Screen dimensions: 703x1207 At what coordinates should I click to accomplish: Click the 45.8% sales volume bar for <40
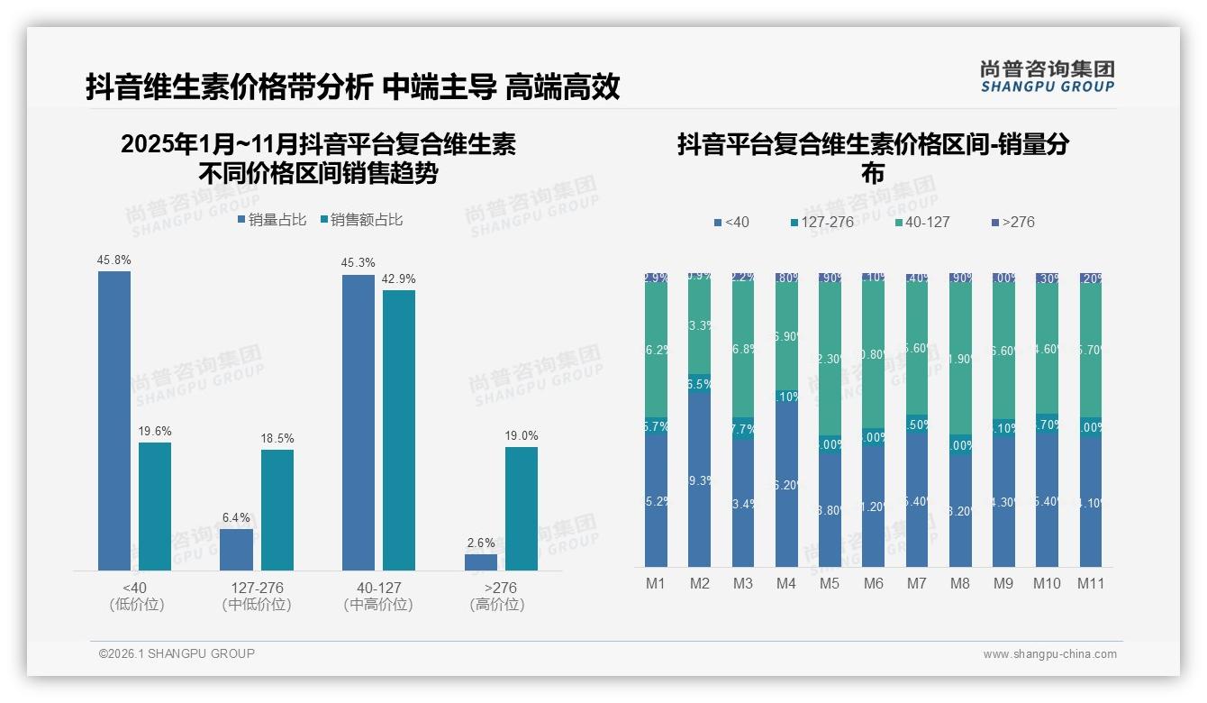[x=114, y=420]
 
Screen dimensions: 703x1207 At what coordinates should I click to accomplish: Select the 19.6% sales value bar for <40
[x=155, y=506]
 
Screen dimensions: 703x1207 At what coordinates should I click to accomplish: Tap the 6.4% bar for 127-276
[x=236, y=549]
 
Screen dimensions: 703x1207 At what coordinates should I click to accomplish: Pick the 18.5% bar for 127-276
[x=277, y=509]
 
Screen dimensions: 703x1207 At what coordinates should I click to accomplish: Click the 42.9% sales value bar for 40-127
[x=399, y=430]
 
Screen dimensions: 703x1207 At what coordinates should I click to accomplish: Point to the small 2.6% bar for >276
[x=481, y=561]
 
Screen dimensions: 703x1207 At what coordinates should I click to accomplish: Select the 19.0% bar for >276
[x=522, y=508]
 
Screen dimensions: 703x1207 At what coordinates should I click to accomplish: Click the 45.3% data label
[x=358, y=263]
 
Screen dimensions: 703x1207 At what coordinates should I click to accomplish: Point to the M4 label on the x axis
[x=785, y=583]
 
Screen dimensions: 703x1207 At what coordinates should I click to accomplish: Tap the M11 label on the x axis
[x=1091, y=583]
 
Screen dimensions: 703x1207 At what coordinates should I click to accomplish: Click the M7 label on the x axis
[x=916, y=583]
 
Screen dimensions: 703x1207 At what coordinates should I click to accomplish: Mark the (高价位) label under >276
[x=496, y=605]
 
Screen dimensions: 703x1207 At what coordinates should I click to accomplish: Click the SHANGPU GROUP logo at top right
[x=1047, y=77]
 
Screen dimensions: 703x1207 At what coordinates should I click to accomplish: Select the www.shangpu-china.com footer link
[x=1049, y=654]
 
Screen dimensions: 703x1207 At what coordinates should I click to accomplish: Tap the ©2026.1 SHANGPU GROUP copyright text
[x=177, y=653]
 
